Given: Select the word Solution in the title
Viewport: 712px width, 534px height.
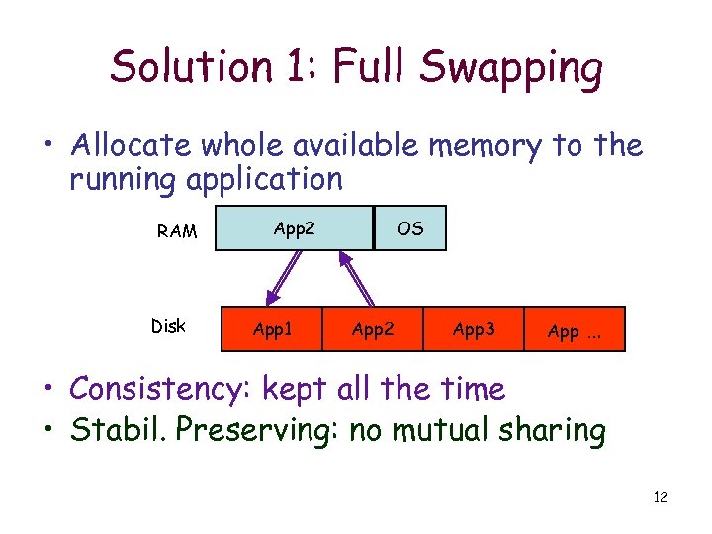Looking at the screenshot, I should tap(190, 67).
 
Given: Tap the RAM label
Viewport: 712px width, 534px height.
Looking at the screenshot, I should tap(177, 232).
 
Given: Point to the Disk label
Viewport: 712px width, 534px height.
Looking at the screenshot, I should tap(168, 326).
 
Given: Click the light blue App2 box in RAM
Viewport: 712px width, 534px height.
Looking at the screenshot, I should tap(294, 228).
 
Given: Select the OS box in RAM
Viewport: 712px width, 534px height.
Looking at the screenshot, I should tap(409, 228).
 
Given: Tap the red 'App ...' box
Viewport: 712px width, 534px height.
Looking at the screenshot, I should tap(575, 330).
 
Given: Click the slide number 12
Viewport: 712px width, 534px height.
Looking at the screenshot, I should tap(661, 497).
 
